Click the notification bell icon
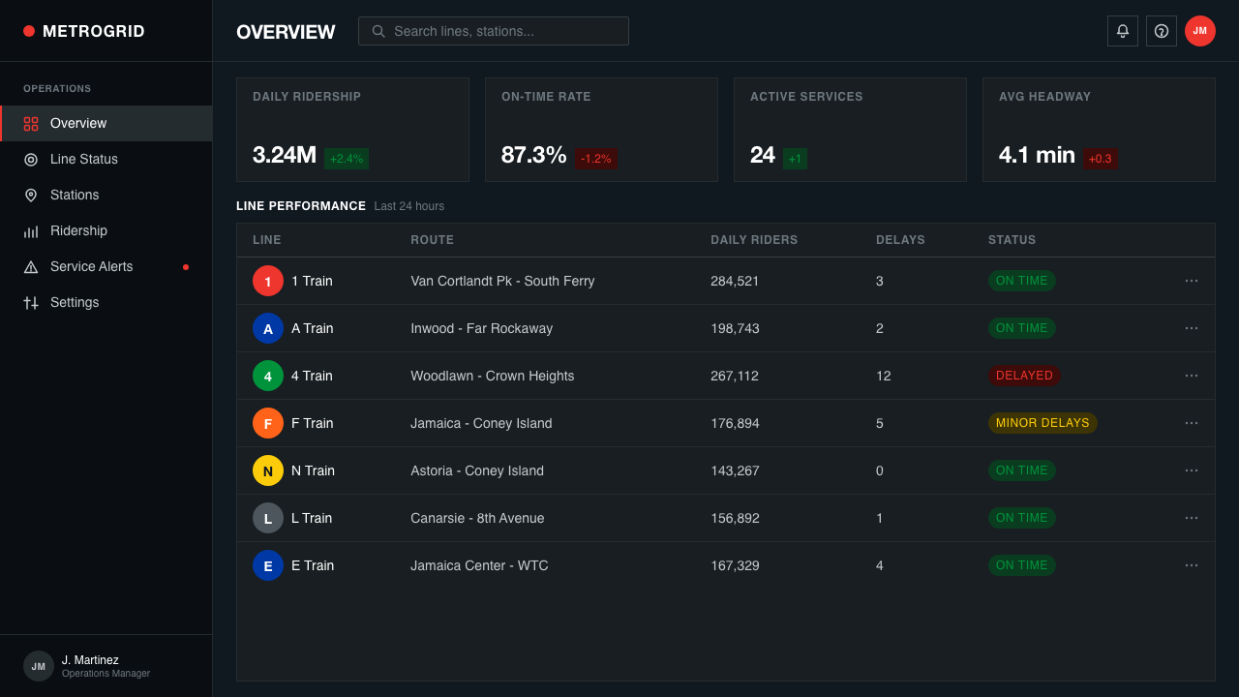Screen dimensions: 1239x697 coord(1122,31)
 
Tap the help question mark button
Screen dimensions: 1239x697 coord(1161,31)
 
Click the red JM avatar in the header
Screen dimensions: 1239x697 coord(1199,31)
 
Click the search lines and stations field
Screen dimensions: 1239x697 coord(494,31)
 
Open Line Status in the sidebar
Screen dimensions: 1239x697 coord(84,160)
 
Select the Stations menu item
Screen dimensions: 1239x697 coord(75,196)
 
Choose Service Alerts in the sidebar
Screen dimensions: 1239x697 coord(92,266)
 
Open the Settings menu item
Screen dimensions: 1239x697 coord(75,303)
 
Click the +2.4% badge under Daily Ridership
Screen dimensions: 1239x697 coord(347,159)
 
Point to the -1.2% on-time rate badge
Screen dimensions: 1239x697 coord(595,159)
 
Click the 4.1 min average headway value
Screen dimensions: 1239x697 coord(1037,155)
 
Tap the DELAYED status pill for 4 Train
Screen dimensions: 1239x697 coord(1024,376)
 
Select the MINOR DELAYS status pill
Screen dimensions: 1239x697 coord(1043,423)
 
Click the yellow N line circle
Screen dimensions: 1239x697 coord(268,470)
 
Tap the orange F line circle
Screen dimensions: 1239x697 coord(268,423)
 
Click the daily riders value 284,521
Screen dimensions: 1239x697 coord(735,281)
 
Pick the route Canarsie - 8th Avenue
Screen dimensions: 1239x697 coord(477,518)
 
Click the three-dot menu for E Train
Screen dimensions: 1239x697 coord(1192,565)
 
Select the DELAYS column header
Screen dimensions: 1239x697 coord(900,240)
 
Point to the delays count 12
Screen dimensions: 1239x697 coord(884,377)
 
